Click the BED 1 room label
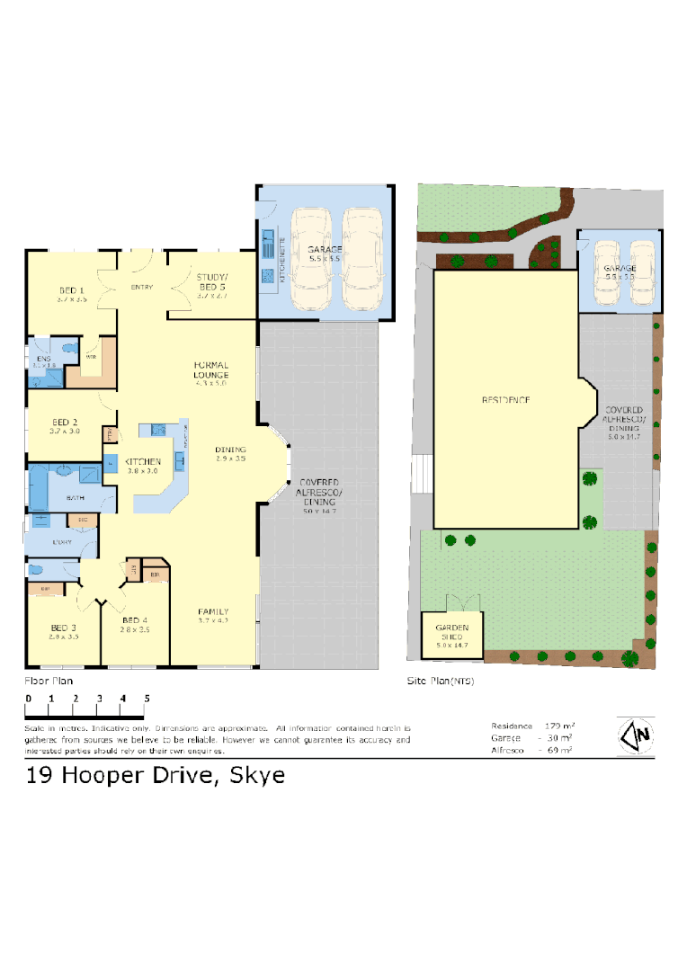pyautogui.click(x=72, y=290)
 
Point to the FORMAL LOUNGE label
pyautogui.click(x=211, y=370)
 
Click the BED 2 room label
pyautogui.click(x=65, y=422)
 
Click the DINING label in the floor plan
pyautogui.click(x=230, y=450)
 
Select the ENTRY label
pyautogui.click(x=141, y=287)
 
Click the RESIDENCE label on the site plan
pyautogui.click(x=504, y=399)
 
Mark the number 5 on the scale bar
pyautogui.click(x=146, y=698)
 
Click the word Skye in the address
pyautogui.click(x=258, y=774)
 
